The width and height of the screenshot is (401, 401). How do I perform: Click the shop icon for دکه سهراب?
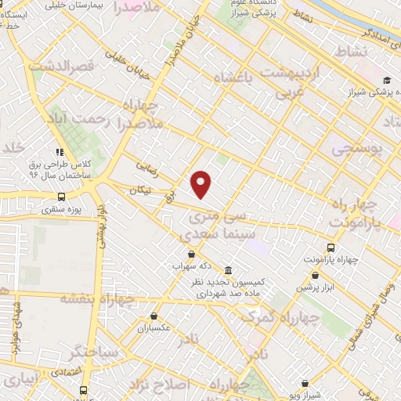[x=192, y=253]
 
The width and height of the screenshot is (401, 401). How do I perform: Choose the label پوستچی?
[x=358, y=148]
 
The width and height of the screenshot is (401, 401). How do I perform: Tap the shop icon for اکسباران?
[x=154, y=317]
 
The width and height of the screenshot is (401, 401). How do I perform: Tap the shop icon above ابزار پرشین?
[x=314, y=275]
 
